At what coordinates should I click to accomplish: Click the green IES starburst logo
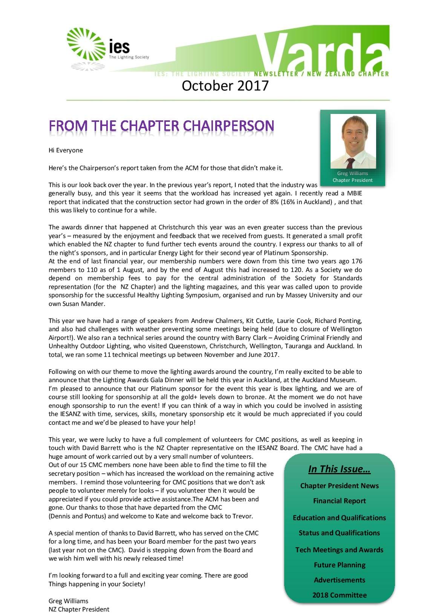[x=86, y=44]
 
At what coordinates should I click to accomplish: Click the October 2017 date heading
[x=225, y=86]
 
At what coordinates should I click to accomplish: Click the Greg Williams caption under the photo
[x=352, y=174]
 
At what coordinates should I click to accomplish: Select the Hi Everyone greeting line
[x=66, y=150]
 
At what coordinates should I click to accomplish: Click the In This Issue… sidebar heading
[x=339, y=469]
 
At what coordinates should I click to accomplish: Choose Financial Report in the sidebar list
[x=339, y=501]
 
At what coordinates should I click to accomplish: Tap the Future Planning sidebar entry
[x=339, y=565]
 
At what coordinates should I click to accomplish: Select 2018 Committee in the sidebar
[x=339, y=595]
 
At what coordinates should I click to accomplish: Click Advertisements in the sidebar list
[x=339, y=580]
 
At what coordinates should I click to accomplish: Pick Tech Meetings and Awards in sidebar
[x=339, y=550]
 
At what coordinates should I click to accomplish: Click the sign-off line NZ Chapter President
[x=79, y=609]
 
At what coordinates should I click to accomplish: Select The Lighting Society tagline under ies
[x=129, y=57]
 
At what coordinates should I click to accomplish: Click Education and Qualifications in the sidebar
[x=339, y=518]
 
